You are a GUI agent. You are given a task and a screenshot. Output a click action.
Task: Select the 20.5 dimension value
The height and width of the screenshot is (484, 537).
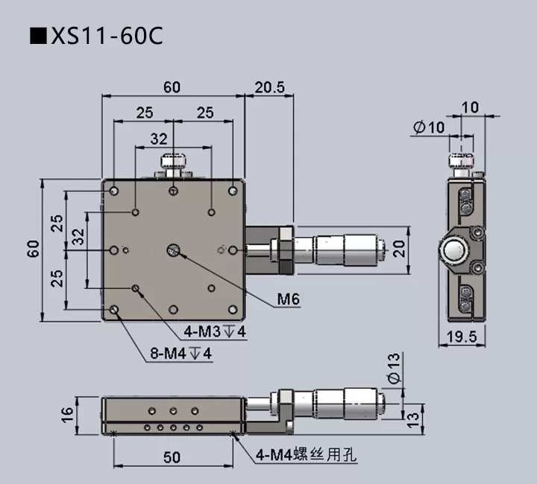pyautogui.click(x=269, y=87)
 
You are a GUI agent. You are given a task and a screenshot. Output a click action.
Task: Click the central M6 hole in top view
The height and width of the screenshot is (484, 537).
pyautogui.click(x=173, y=249)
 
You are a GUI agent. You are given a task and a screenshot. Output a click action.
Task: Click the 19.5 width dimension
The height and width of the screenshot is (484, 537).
pyautogui.click(x=461, y=337)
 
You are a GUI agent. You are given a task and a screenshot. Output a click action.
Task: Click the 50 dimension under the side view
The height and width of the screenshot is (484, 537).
pyautogui.click(x=172, y=457)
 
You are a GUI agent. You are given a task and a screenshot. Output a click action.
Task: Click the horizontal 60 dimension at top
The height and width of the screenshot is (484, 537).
pyautogui.click(x=172, y=87)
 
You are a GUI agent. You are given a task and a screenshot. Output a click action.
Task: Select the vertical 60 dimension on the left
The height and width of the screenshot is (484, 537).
pyautogui.click(x=33, y=249)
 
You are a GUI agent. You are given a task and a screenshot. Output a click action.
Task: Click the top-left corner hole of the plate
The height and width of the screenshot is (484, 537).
pyautogui.click(x=114, y=191)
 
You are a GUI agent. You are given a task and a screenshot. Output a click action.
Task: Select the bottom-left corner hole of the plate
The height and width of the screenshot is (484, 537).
pyautogui.click(x=114, y=309)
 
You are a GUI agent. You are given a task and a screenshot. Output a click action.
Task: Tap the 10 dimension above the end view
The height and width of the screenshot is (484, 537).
pyautogui.click(x=470, y=107)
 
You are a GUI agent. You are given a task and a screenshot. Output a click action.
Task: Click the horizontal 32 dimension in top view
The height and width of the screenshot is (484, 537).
pyautogui.click(x=159, y=138)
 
